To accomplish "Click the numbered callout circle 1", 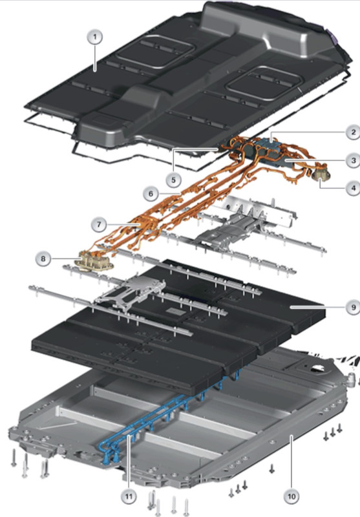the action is pos(95,37).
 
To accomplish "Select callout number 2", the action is pos(353,132).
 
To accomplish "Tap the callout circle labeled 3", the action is pos(353,160).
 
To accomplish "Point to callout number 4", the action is pos(353,188).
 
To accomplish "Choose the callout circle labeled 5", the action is pos(173,180).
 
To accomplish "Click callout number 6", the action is pos(151,193).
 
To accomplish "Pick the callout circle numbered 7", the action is pos(100,225).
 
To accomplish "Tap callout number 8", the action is pos(43,258).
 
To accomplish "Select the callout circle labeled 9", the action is pos(353,307).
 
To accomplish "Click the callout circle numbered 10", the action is pos(291,496).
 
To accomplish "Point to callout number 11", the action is pos(129,496).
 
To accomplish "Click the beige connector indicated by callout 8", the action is pos(94,260).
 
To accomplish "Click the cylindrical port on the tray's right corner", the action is pos(352,379).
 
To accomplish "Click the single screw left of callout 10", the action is pos(272,468).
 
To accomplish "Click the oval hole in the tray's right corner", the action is pos(318,367).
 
